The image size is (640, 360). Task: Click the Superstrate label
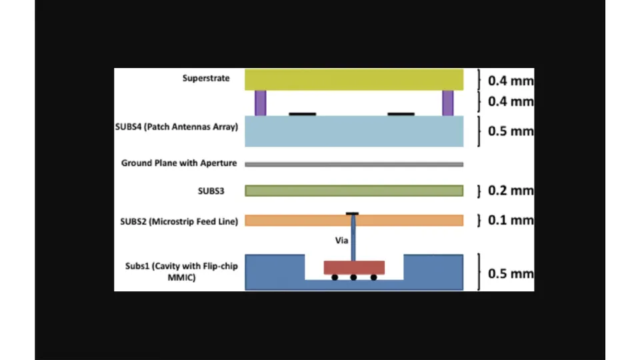(206, 79)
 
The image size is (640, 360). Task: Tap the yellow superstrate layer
(354, 79)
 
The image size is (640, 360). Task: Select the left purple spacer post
(260, 103)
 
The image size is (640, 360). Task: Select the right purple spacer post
(447, 103)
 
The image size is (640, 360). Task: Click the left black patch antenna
(303, 114)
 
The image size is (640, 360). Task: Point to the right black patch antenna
(401, 114)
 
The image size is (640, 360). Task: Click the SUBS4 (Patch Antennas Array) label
(177, 127)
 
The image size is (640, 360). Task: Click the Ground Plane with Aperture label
(179, 163)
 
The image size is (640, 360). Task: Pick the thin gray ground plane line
(354, 164)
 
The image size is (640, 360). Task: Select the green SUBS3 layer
(354, 191)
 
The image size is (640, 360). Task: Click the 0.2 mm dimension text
(511, 191)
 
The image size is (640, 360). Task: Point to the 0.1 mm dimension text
(511, 220)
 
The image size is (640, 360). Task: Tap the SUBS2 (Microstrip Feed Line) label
(177, 221)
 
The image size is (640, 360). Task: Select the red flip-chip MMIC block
(354, 267)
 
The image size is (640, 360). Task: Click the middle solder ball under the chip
(354, 277)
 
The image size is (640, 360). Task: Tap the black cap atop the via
(353, 213)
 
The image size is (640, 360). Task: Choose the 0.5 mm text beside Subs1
(511, 273)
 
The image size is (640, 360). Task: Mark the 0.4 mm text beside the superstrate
(511, 81)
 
